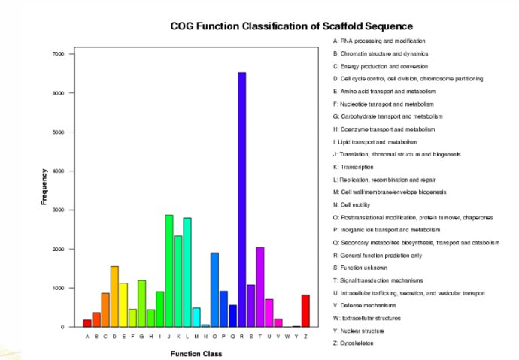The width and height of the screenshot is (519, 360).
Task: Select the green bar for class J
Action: [x=168, y=271]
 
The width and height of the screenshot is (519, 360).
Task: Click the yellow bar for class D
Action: [x=114, y=296]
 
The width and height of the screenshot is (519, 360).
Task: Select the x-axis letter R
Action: [x=241, y=336]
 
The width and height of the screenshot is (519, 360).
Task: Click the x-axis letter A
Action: [x=87, y=336]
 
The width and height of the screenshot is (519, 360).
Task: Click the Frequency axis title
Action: [x=44, y=188]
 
